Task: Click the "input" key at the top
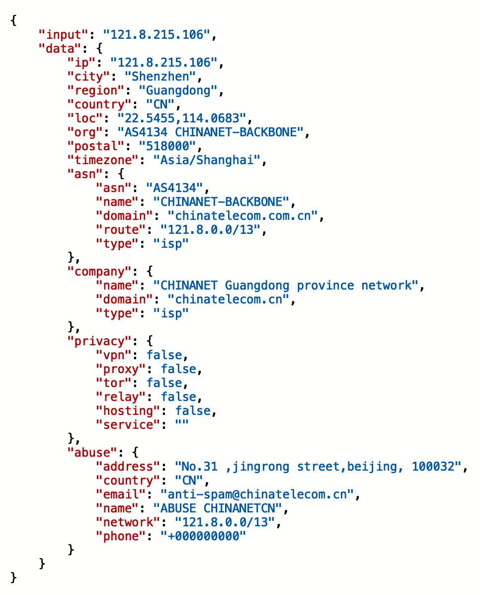tap(64, 34)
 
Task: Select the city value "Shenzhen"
tap(160, 76)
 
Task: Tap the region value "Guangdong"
tap(178, 91)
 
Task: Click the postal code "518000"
tap(167, 146)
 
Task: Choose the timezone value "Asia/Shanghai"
tap(207, 160)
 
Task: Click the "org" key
tap(85, 132)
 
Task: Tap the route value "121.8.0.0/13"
tap(210, 229)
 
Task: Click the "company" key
tap(99, 272)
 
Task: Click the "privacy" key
tap(99, 341)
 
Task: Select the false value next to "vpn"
tap(164, 355)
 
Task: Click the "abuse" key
tap(92, 453)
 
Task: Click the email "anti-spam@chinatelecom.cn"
tap(257, 495)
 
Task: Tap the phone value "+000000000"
tap(203, 536)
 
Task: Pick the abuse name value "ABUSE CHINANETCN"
tap(218, 508)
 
